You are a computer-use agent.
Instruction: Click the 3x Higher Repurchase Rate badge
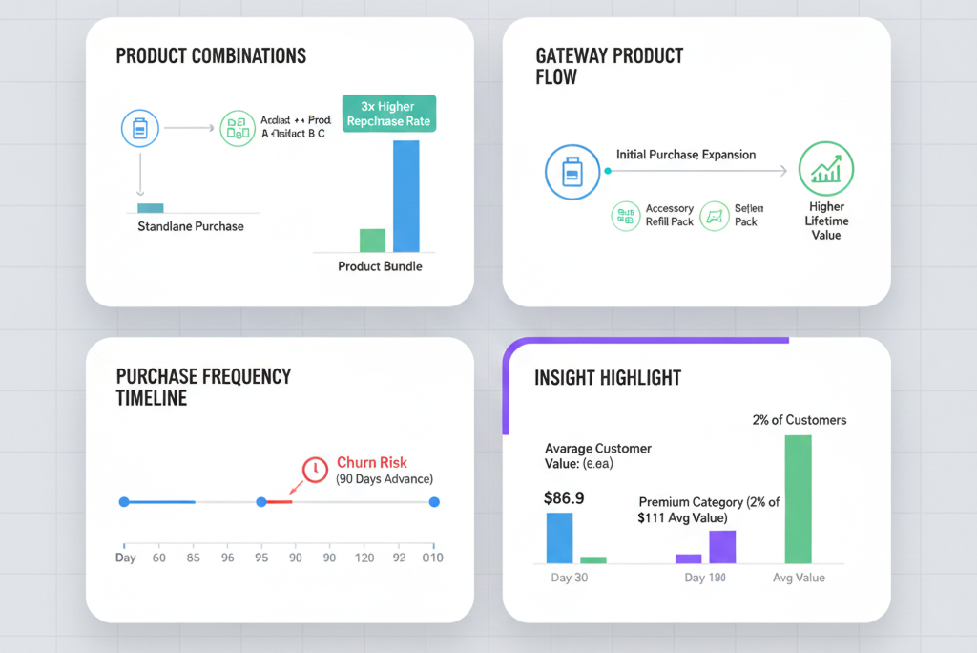[x=388, y=114]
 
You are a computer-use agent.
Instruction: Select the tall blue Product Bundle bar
[x=405, y=197]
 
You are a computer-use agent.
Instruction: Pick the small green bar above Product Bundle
[x=372, y=241]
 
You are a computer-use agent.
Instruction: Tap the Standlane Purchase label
[x=191, y=227]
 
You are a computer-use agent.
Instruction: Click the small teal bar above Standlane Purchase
[x=151, y=208]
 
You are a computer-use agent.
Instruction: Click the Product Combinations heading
[x=211, y=55]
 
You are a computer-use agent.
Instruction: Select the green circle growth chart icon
[x=825, y=170]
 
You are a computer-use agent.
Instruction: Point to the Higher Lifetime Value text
[x=826, y=221]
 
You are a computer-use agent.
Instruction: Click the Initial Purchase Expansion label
[x=686, y=155]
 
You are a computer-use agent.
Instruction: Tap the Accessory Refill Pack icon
[x=626, y=216]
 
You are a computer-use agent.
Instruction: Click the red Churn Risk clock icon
[x=315, y=469]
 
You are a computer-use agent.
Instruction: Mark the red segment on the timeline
[x=279, y=501]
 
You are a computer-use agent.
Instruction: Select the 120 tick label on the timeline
[x=364, y=558]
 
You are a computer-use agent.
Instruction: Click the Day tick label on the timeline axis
[x=125, y=558]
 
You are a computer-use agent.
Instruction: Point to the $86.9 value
[x=564, y=497]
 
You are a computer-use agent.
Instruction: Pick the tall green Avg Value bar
[x=798, y=499]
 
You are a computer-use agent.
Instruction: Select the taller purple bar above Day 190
[x=722, y=547]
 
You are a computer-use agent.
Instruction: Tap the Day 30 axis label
[x=570, y=578]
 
